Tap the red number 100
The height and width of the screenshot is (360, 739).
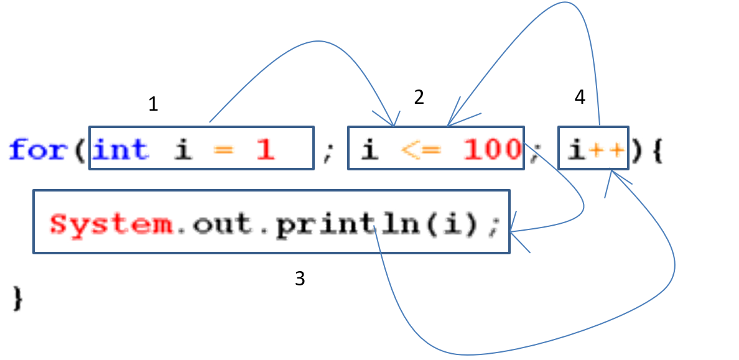(491, 149)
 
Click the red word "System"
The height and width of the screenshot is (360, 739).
(112, 224)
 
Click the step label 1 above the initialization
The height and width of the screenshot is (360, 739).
(154, 104)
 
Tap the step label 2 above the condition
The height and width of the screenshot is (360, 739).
(419, 96)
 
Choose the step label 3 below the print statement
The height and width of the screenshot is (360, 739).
(300, 279)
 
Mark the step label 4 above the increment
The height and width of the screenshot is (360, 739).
(580, 98)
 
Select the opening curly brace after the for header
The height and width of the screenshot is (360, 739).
(655, 150)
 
